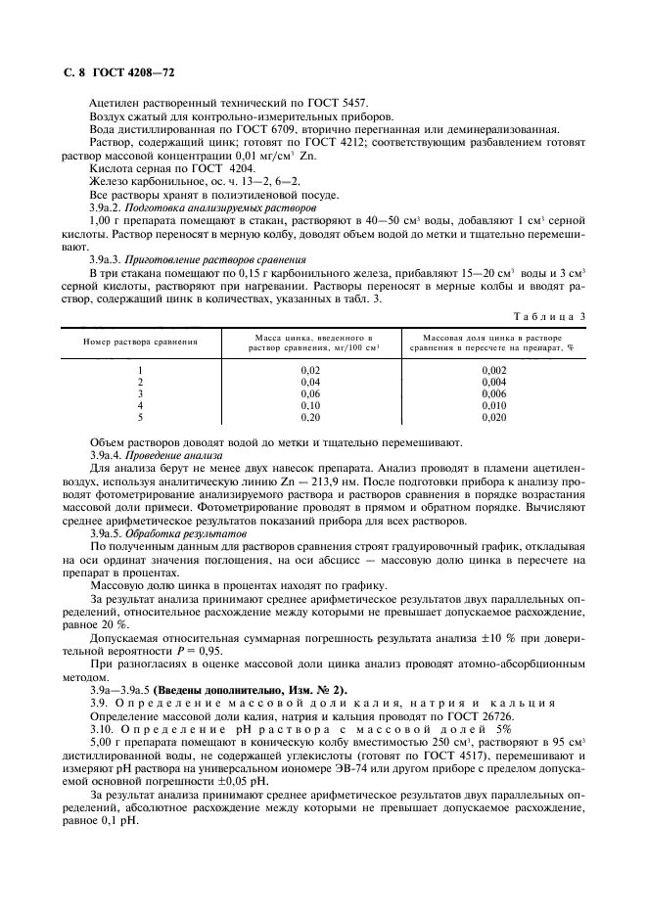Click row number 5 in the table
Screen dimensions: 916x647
pos(141,416)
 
